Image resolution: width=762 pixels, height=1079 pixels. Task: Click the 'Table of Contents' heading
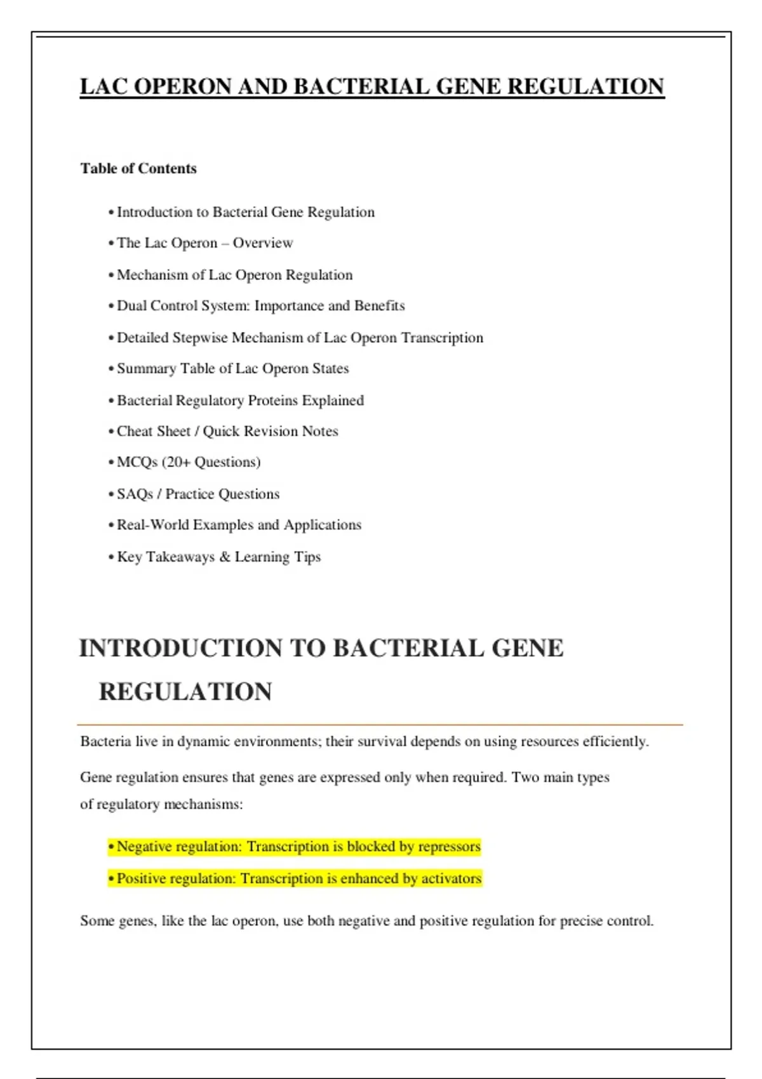(x=138, y=169)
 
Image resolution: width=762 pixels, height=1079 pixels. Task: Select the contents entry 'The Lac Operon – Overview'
(x=204, y=243)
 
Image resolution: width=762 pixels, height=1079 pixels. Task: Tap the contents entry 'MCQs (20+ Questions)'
(x=189, y=462)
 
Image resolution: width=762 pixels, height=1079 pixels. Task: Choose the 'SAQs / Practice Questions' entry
(x=198, y=494)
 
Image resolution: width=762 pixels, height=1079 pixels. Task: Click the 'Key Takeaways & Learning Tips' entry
(x=218, y=557)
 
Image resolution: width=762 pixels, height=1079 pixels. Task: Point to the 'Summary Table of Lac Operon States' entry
(x=232, y=369)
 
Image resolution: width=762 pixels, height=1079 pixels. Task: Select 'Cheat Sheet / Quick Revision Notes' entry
(x=227, y=432)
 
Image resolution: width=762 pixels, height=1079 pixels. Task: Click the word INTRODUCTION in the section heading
(x=180, y=649)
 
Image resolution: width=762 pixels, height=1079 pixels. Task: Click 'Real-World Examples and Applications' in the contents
(x=239, y=525)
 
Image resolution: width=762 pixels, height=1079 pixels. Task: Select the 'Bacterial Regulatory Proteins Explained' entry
(x=240, y=400)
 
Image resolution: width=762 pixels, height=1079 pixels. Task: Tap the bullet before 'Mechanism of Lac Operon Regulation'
(x=111, y=275)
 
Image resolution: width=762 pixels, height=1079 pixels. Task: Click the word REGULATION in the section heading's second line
(x=185, y=692)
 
